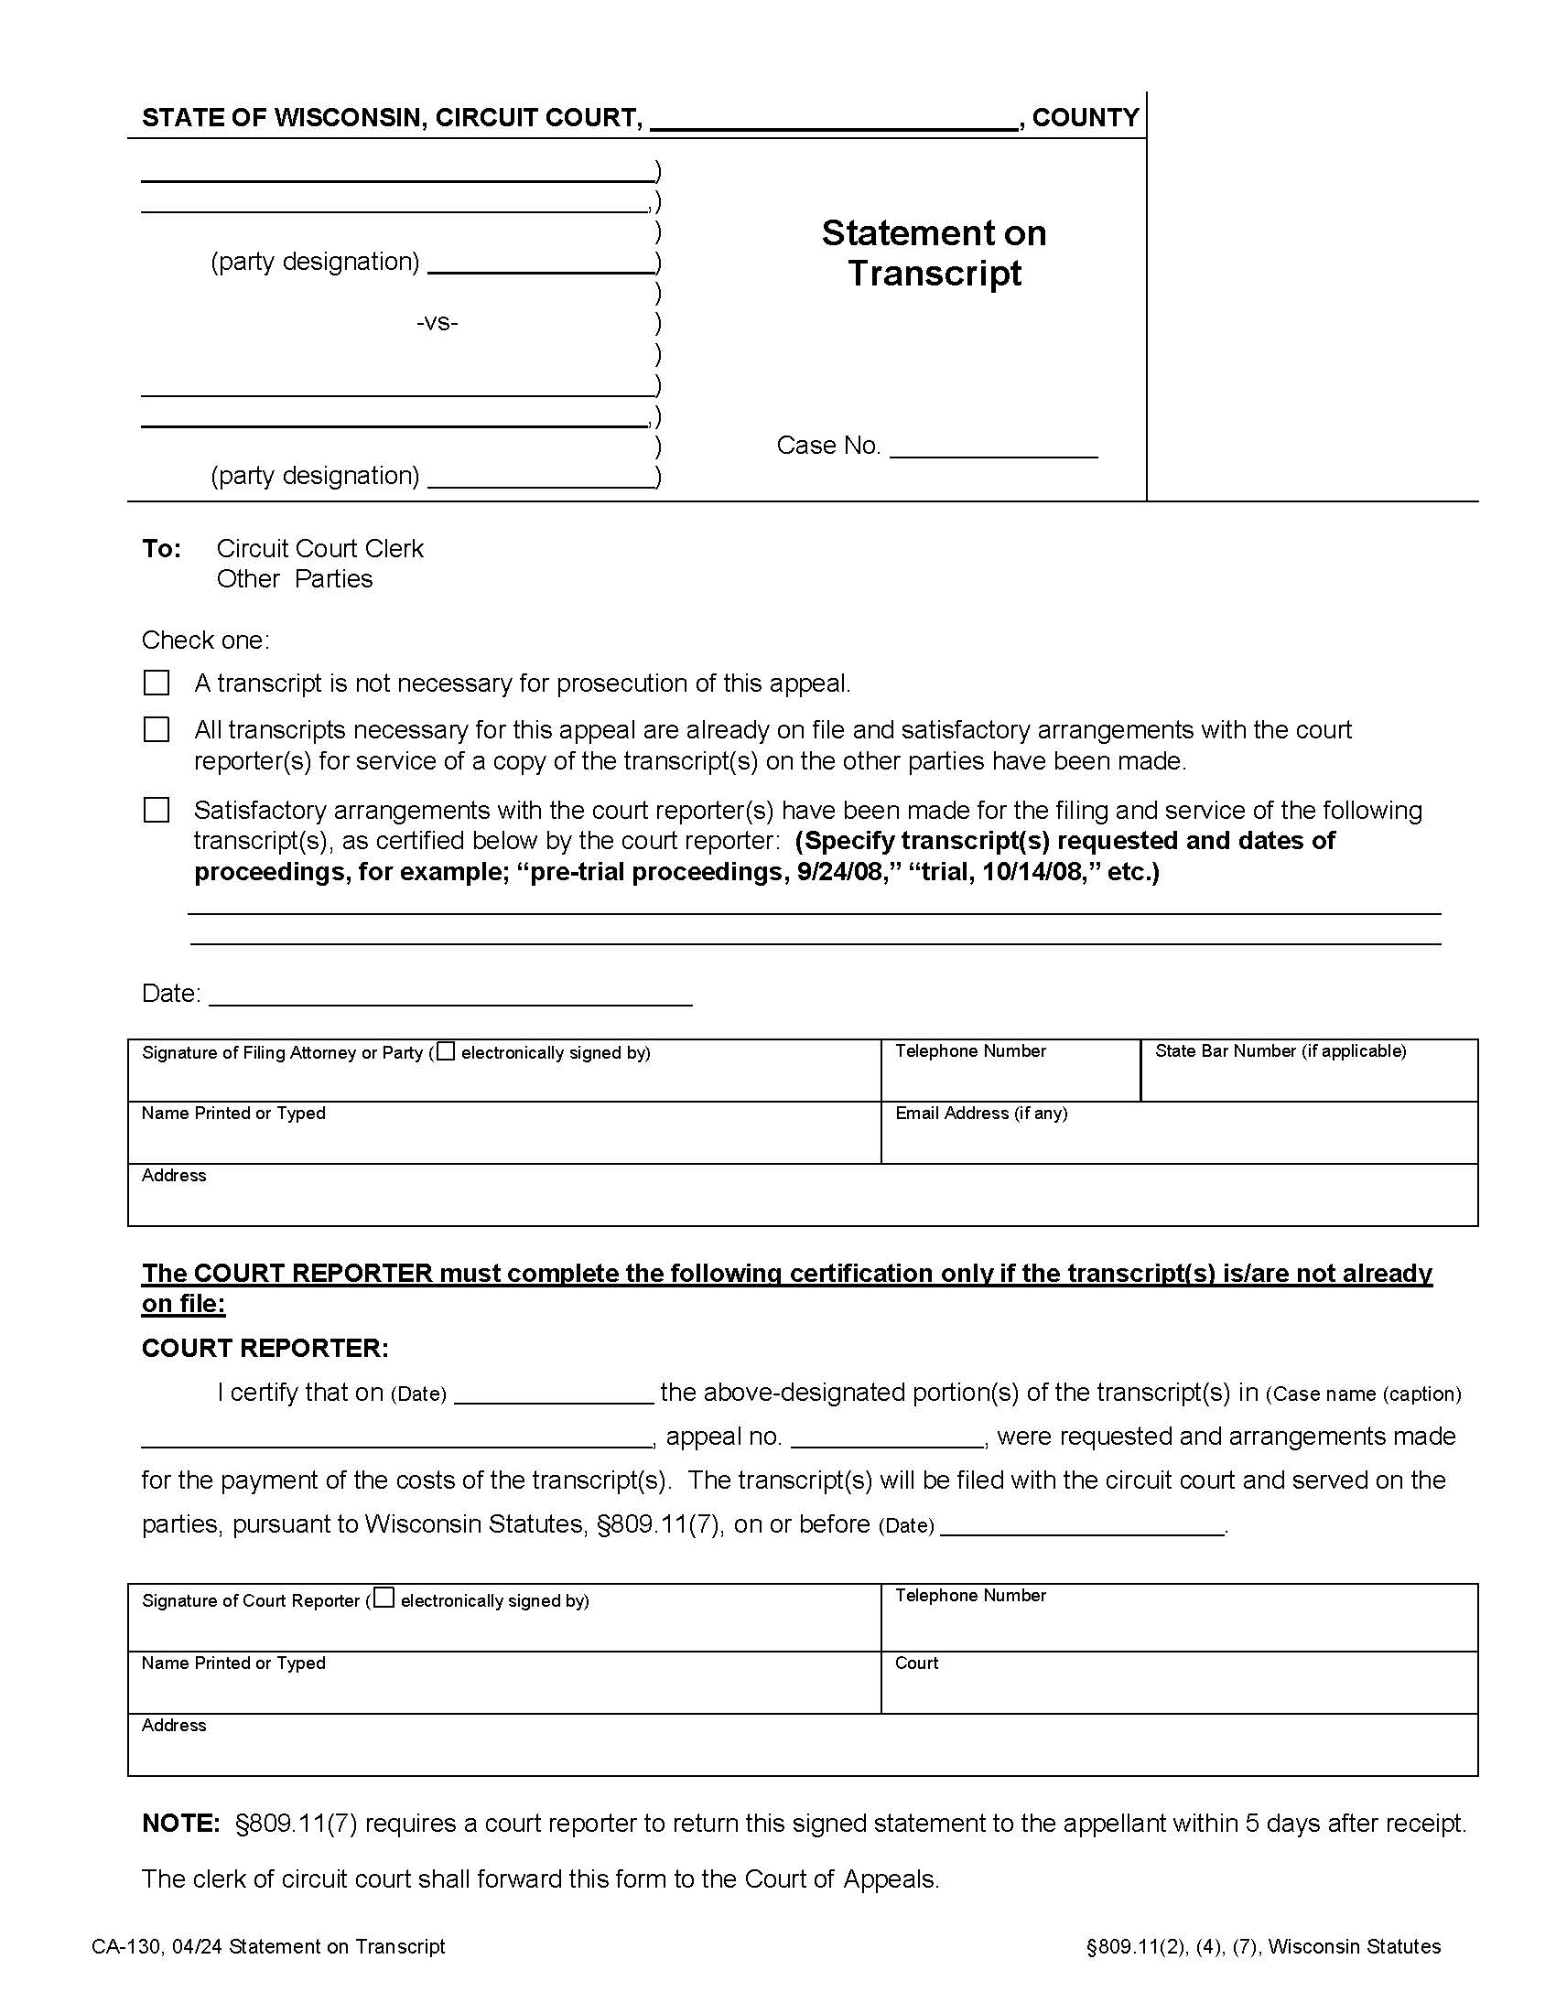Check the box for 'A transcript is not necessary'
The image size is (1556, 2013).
click(x=157, y=683)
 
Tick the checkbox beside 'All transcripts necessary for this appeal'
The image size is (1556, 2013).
click(x=157, y=730)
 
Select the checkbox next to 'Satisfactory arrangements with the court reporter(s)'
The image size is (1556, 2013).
click(x=157, y=810)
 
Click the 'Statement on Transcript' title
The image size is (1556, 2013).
click(x=934, y=253)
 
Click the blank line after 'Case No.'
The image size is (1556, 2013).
click(x=993, y=448)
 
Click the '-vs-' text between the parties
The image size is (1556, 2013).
click(x=437, y=323)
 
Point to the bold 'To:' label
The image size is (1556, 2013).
click(x=161, y=548)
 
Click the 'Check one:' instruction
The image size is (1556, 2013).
click(x=206, y=640)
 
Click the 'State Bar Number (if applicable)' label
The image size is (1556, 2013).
click(x=1280, y=1050)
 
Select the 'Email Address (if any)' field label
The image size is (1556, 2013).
click(x=981, y=1113)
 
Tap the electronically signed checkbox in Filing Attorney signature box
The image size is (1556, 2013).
click(x=446, y=1050)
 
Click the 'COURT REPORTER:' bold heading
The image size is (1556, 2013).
click(x=265, y=1348)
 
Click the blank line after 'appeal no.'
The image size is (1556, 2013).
click(x=887, y=1438)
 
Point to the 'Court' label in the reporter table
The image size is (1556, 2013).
click(x=916, y=1663)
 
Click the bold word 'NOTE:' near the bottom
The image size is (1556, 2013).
click(x=180, y=1823)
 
